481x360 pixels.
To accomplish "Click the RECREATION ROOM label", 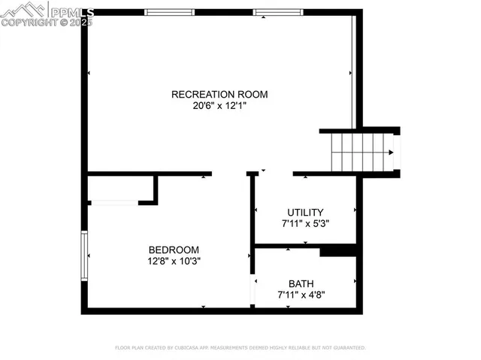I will [219, 94].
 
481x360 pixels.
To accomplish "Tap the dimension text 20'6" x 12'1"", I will [219, 106].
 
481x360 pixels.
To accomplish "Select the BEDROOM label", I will [174, 250].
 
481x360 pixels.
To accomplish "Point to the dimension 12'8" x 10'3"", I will [174, 262].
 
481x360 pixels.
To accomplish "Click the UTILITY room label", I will [305, 212].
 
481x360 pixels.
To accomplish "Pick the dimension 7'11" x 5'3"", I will [305, 223].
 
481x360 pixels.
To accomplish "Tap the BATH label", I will [301, 283].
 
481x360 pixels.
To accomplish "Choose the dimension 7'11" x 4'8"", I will [301, 295].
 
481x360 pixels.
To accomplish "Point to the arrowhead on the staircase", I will [390, 153].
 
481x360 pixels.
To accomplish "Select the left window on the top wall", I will [169, 12].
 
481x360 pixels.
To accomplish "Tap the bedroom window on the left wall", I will [85, 256].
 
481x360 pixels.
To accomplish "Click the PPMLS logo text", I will [71, 11].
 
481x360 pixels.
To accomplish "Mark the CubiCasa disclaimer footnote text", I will [240, 348].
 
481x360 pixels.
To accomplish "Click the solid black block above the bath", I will [337, 251].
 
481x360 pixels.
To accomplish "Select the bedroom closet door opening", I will [113, 202].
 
